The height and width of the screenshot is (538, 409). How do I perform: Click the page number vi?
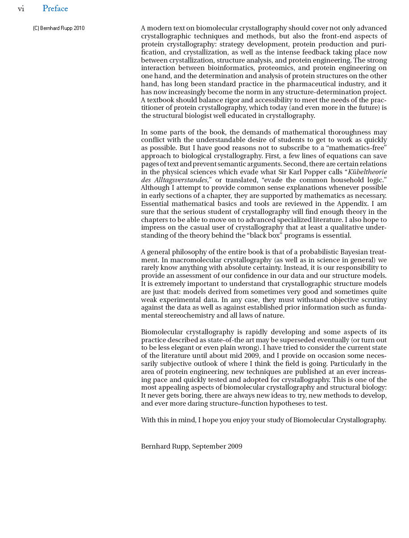coord(21,9)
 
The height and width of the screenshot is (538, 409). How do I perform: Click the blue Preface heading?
coord(55,9)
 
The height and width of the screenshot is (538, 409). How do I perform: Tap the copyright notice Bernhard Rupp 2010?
coord(59,28)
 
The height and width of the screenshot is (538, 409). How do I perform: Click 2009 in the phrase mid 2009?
coord(252,356)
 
